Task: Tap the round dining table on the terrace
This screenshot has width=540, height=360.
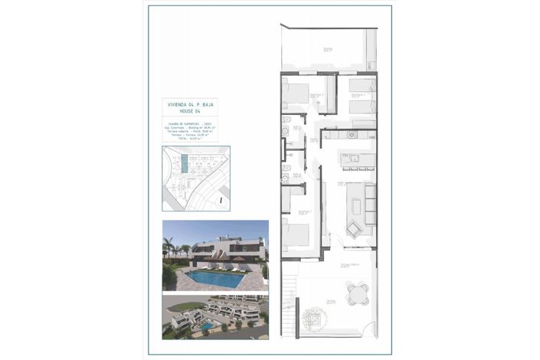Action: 356,293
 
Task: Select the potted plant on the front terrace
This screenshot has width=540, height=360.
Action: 313,316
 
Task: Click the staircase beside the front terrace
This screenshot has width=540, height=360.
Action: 289,307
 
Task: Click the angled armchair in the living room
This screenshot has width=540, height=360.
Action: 354,228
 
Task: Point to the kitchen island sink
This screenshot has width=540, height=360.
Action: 346,158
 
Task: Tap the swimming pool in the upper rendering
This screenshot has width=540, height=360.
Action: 217,277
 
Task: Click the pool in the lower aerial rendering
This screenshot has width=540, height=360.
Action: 206,326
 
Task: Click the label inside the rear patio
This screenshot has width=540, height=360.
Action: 328,49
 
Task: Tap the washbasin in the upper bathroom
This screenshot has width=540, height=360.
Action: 284,132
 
